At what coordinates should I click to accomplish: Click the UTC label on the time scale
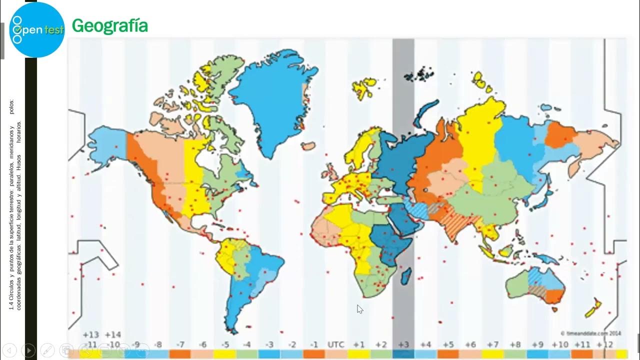pos(335,344)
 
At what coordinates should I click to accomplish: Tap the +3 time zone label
pos(403,344)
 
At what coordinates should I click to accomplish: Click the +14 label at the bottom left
pos(113,334)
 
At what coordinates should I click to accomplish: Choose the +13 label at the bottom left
pos(91,334)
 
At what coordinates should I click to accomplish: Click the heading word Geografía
pos(110,25)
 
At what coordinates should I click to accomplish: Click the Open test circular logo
pos(37,30)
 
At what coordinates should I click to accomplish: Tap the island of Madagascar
pos(406,276)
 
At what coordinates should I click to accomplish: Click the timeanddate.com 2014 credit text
pos(591,332)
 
